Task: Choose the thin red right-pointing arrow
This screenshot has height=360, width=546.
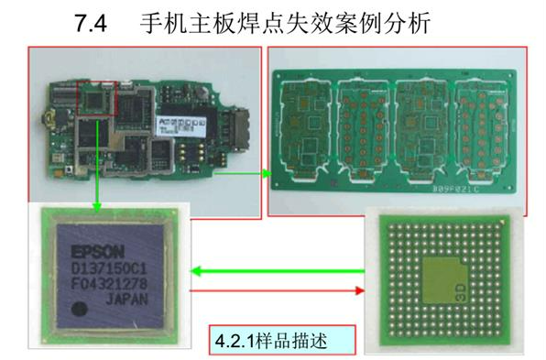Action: (x=275, y=290)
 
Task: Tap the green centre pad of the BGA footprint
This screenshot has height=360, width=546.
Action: (x=444, y=276)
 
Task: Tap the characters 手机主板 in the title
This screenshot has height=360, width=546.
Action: (x=188, y=21)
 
